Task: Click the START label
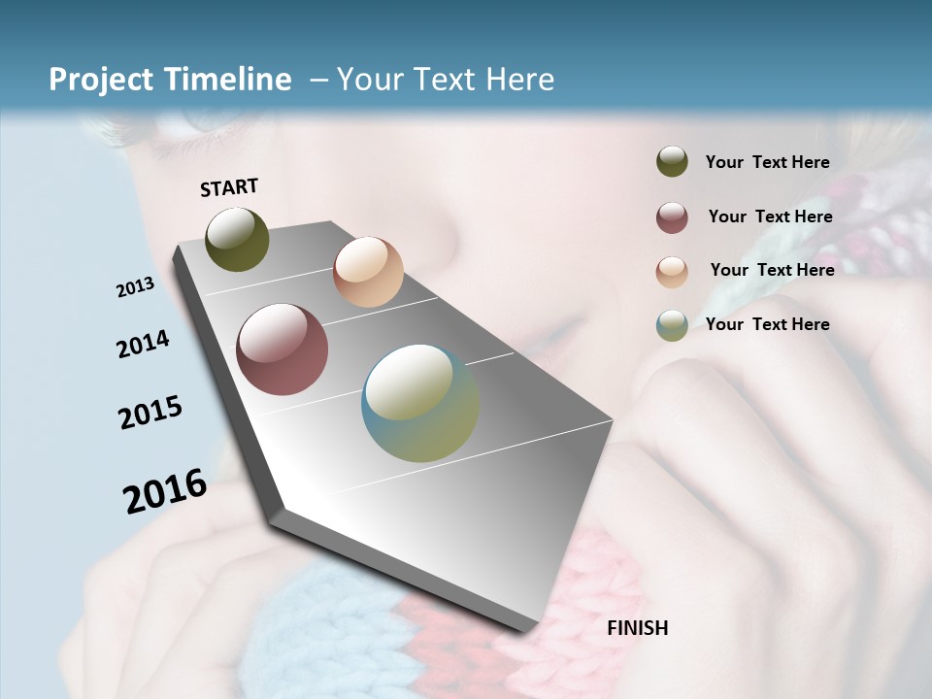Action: pos(229,187)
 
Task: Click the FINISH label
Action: pos(637,628)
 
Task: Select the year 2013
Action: pos(135,287)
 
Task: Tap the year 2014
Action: pos(143,345)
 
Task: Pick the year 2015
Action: pos(150,413)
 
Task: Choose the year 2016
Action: pos(165,491)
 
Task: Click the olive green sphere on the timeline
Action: pos(237,240)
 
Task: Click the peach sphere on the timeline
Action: pos(368,272)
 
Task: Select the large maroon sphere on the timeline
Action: pos(283,349)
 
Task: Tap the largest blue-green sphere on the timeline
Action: pos(420,403)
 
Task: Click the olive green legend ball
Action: pos(672,162)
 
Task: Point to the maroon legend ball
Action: pos(672,217)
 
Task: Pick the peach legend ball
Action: pos(672,272)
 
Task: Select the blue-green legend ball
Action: pos(672,325)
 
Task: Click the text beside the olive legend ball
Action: pos(767,162)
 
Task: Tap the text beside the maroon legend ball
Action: pos(770,216)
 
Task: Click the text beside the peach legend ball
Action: pos(772,270)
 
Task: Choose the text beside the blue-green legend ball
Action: pos(767,324)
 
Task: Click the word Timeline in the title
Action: pos(226,80)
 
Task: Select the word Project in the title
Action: pos(101,80)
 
